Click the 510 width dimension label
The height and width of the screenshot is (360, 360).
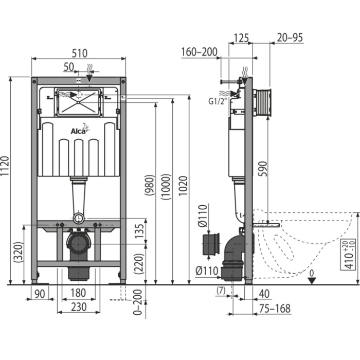pyautogui.click(x=79, y=53)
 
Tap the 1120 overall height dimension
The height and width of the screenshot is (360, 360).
pyautogui.click(x=5, y=166)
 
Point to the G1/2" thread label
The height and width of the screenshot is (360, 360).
pyautogui.click(x=218, y=101)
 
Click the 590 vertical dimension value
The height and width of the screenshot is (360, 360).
pyautogui.click(x=263, y=169)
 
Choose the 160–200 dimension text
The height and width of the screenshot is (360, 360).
pyautogui.click(x=199, y=52)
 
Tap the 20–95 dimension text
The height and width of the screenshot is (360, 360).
pyautogui.click(x=290, y=38)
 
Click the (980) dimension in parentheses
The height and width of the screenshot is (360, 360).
pyautogui.click(x=150, y=185)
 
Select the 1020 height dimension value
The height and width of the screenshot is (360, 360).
pyautogui.click(x=183, y=186)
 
